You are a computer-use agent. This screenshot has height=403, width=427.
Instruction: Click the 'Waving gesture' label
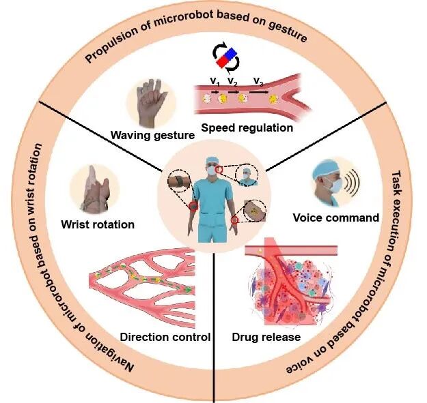152,135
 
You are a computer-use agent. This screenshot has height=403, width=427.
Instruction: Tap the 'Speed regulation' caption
247,127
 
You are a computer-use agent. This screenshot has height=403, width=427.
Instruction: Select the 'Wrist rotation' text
97,224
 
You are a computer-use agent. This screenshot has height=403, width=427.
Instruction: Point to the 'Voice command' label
335,218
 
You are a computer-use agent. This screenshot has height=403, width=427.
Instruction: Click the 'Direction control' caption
165,336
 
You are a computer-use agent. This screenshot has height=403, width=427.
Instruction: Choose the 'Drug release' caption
266,336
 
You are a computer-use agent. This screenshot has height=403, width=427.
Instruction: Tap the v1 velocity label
215,82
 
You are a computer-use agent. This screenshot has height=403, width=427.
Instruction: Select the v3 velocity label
258,82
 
